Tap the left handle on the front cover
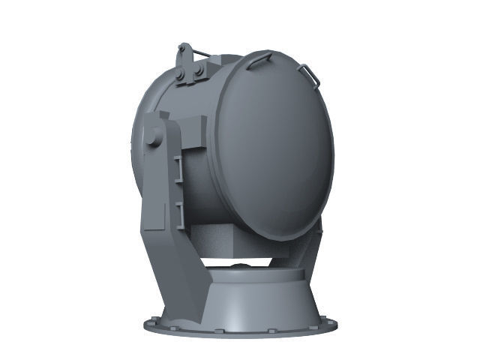pos(259,59)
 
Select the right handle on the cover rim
pos(309,73)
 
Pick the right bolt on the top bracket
pos(199,70)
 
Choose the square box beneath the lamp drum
pos(232,240)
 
